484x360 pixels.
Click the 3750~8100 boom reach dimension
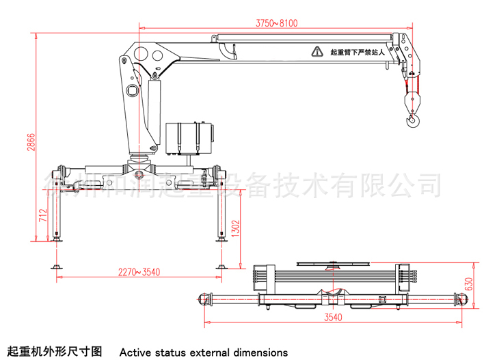277,23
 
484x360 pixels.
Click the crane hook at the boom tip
412,121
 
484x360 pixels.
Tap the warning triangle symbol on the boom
317,51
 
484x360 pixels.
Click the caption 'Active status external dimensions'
204,352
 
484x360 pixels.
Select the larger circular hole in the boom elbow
143,54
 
